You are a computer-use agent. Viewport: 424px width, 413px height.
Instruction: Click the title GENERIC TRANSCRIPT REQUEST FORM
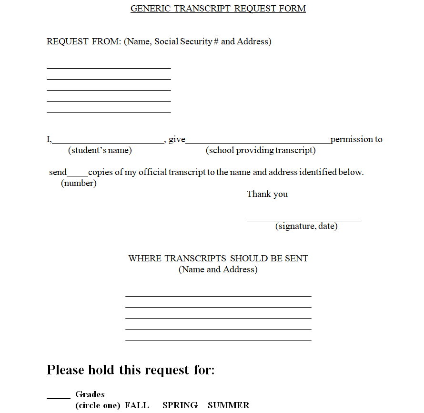click(x=218, y=9)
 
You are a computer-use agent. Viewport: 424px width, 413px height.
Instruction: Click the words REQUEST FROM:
click(x=84, y=41)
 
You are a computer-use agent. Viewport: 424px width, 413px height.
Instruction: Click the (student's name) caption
click(x=100, y=150)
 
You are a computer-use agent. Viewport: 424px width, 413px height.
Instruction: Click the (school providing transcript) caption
click(x=261, y=150)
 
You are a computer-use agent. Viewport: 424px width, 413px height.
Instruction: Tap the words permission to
click(x=356, y=139)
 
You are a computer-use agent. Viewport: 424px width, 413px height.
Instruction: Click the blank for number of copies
click(x=77, y=174)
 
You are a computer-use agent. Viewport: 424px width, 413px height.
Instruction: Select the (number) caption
click(x=79, y=183)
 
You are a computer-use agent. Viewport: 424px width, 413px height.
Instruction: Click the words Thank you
click(x=267, y=194)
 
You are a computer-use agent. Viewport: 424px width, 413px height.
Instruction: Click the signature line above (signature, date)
click(x=304, y=220)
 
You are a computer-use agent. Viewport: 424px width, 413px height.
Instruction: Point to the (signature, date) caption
click(x=306, y=226)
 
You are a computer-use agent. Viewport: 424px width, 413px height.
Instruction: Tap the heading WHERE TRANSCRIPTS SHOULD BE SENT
click(x=218, y=258)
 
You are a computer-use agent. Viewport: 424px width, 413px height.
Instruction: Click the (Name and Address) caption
click(x=218, y=269)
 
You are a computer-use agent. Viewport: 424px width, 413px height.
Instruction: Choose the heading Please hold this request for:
click(x=131, y=370)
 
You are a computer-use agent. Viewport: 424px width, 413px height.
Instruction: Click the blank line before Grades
click(x=59, y=397)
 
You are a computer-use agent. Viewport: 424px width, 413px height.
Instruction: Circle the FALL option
click(x=137, y=405)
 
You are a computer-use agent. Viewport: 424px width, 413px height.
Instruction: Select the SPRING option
click(x=180, y=405)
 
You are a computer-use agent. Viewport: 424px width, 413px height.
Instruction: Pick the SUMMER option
click(x=228, y=405)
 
